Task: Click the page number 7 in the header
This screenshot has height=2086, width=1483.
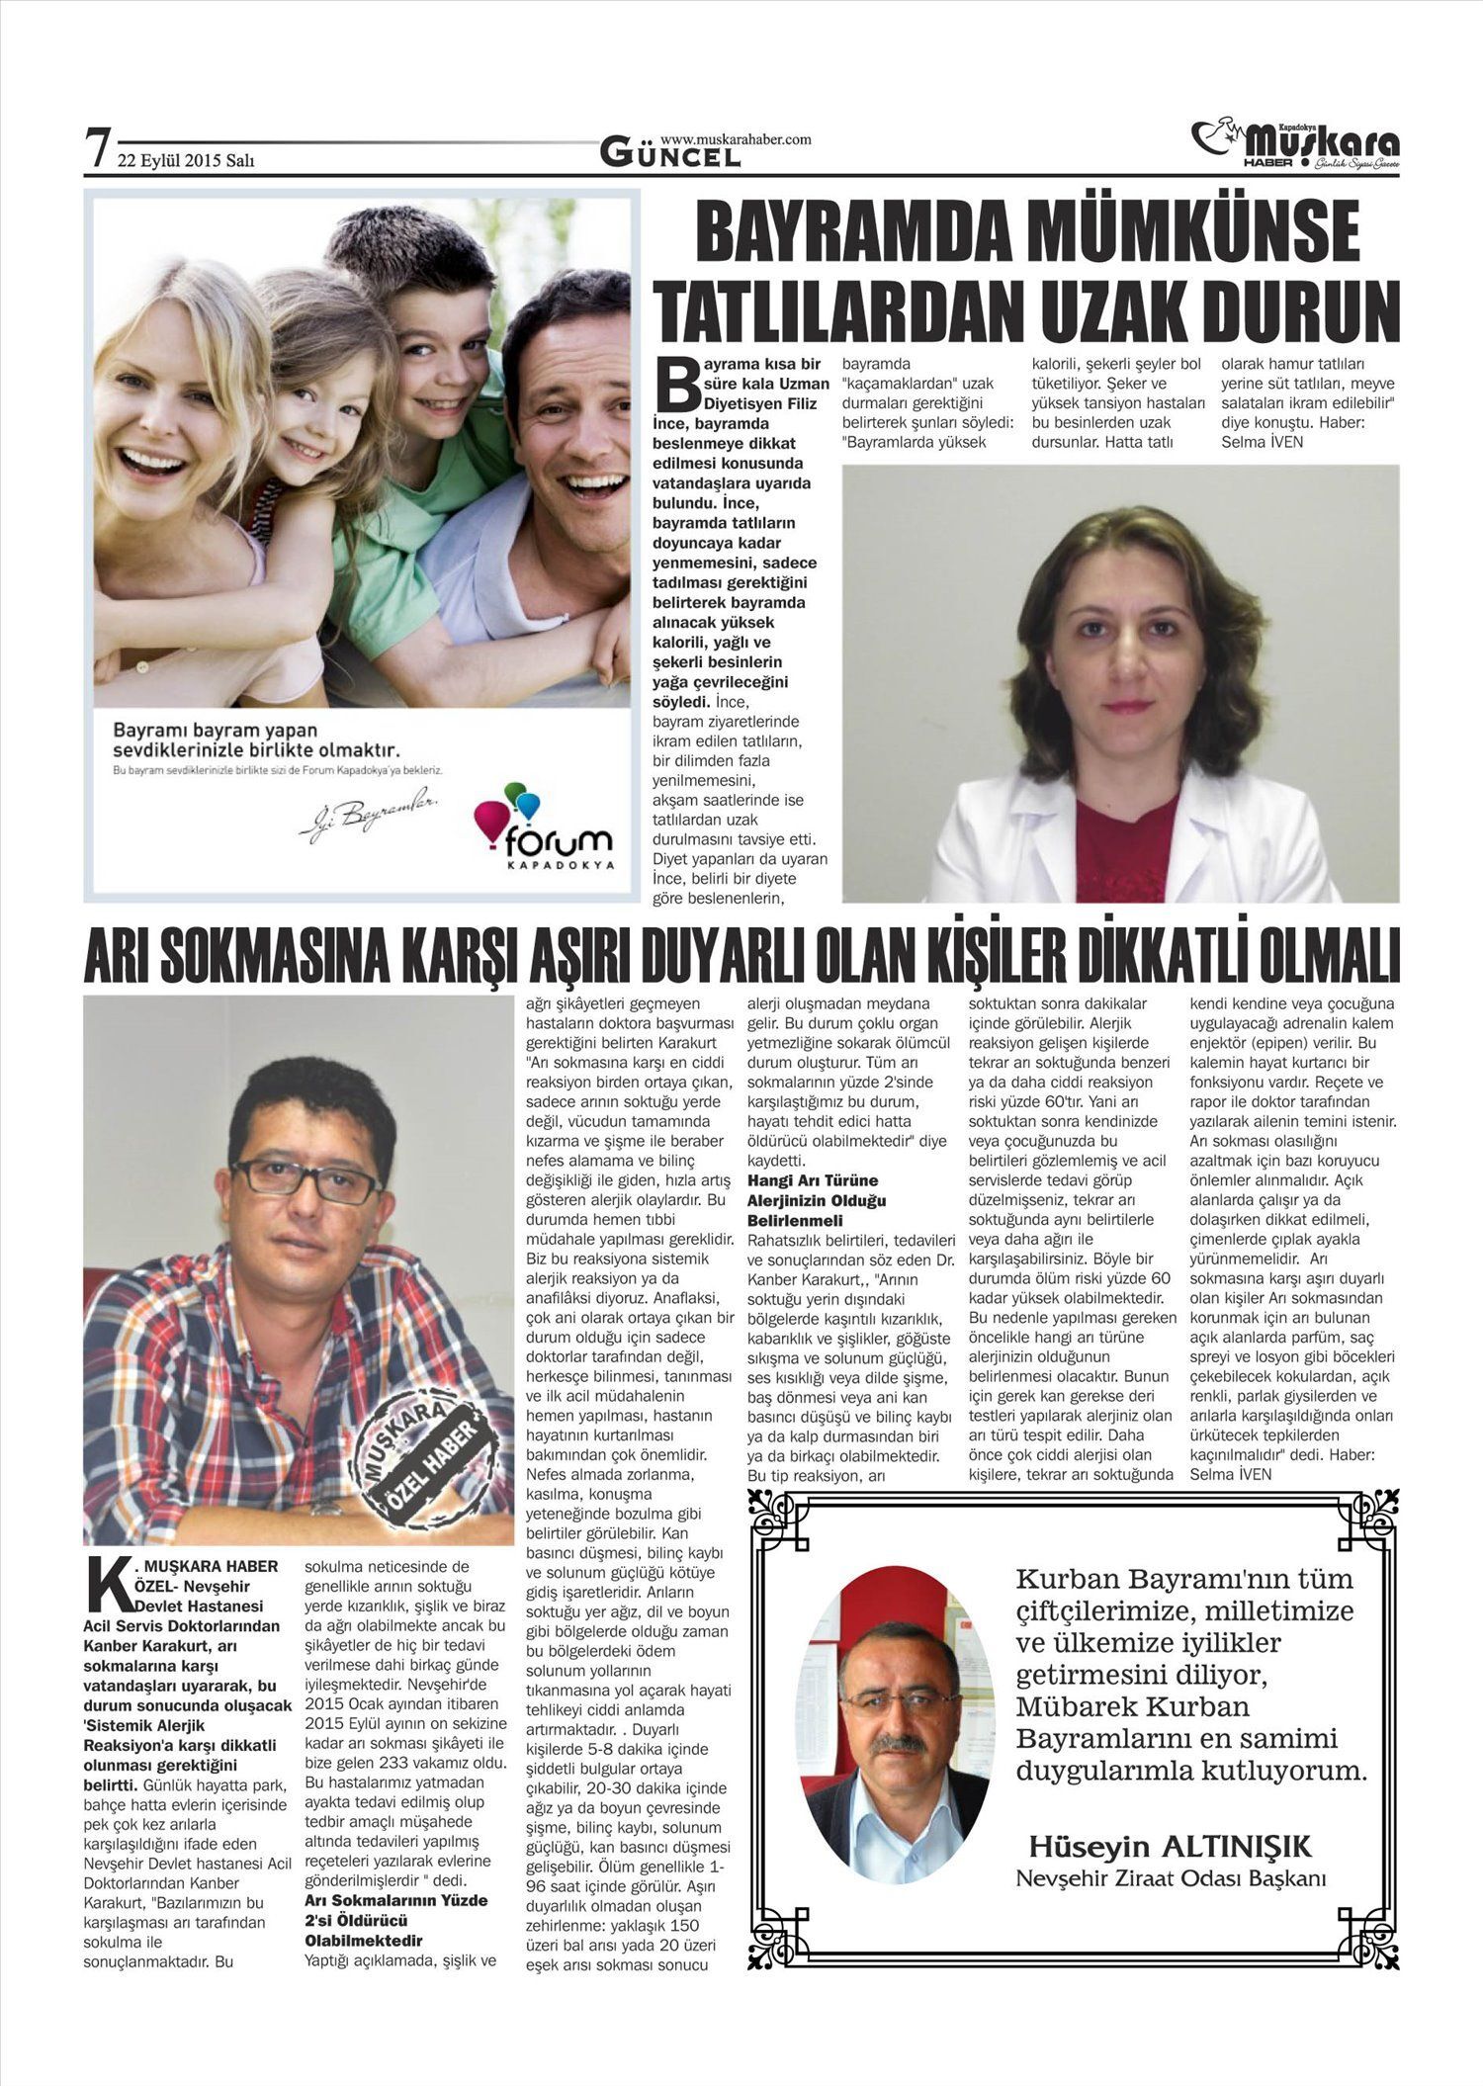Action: coord(96,149)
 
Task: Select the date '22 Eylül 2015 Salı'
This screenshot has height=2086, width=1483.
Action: coord(185,160)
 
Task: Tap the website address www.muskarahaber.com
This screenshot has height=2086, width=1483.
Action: coord(735,139)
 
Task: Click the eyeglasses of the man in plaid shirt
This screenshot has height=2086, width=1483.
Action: coord(306,1179)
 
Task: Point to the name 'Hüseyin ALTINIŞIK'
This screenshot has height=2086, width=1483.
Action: coord(1170,1846)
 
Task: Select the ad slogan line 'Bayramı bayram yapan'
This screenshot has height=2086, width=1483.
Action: coord(216,731)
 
